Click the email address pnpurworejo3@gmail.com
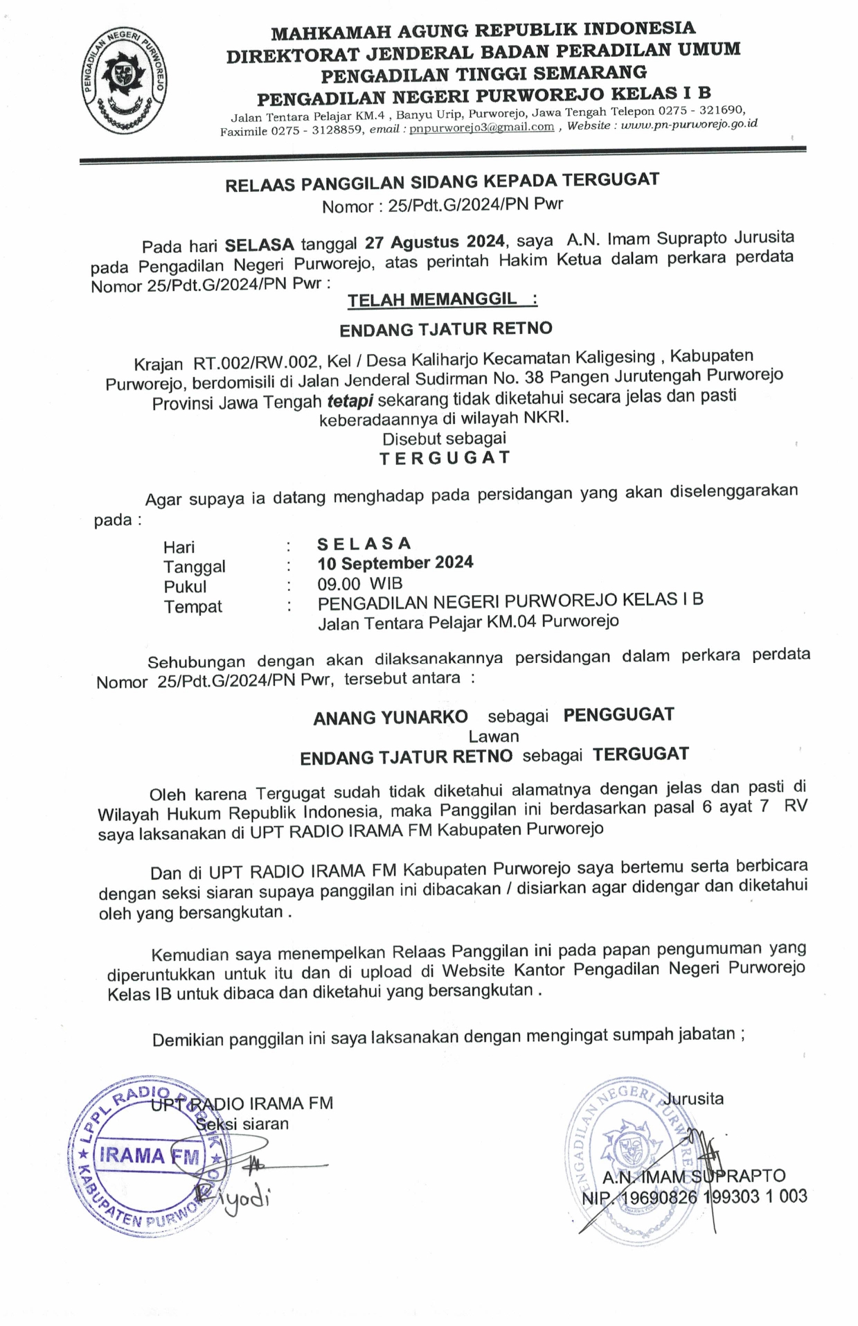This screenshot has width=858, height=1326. point(481,127)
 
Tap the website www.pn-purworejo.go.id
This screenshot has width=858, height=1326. point(689,124)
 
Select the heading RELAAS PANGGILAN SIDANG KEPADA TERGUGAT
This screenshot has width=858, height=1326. point(442,182)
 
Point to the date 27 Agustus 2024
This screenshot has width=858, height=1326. point(435,242)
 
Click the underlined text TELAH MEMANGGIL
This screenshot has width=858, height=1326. point(432,299)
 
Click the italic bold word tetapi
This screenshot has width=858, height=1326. point(350,400)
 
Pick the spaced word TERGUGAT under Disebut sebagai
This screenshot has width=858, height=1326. point(445,458)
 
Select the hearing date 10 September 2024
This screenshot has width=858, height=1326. point(395,563)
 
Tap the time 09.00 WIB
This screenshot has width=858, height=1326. point(360,583)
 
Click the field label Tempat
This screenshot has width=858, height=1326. point(193,607)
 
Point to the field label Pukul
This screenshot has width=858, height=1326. point(185,587)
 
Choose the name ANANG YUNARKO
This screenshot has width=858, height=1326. point(391,717)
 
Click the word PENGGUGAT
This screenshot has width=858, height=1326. point(618,714)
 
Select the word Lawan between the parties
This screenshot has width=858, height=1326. point(494,736)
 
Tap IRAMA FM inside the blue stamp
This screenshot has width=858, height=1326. point(149,1155)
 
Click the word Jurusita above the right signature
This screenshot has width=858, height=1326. point(694,1099)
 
